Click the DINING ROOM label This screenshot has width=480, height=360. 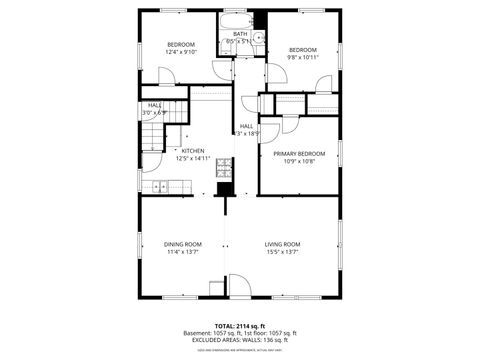click(x=183, y=244)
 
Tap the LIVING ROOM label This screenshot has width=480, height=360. click(x=283, y=244)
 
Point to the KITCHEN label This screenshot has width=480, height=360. click(x=193, y=151)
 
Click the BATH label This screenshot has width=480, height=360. click(x=240, y=34)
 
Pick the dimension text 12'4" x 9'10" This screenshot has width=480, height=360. click(x=180, y=52)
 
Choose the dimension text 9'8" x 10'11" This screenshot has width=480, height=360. click(x=303, y=57)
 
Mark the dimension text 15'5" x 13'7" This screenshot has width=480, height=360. click(x=283, y=252)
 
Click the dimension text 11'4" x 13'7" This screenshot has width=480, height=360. click(x=183, y=252)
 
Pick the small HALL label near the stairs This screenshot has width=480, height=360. click(x=155, y=105)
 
